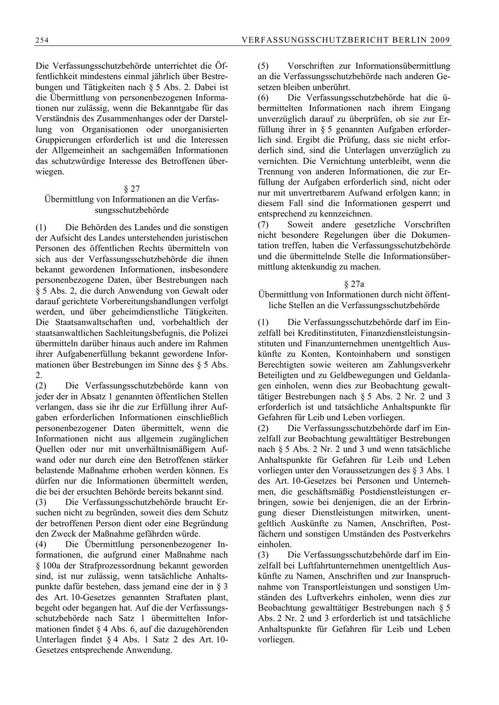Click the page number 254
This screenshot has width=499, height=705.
pyautogui.click(x=42, y=40)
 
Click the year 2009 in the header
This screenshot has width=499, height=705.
pyautogui.click(x=441, y=40)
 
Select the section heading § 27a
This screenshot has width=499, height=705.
pyautogui.click(x=354, y=284)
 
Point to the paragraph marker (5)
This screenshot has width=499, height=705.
pyautogui.click(x=264, y=66)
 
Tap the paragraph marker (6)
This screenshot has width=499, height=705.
pyautogui.click(x=264, y=98)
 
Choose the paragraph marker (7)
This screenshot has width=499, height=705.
pyautogui.click(x=264, y=224)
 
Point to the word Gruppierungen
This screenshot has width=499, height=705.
pyautogui.click(x=60, y=140)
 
